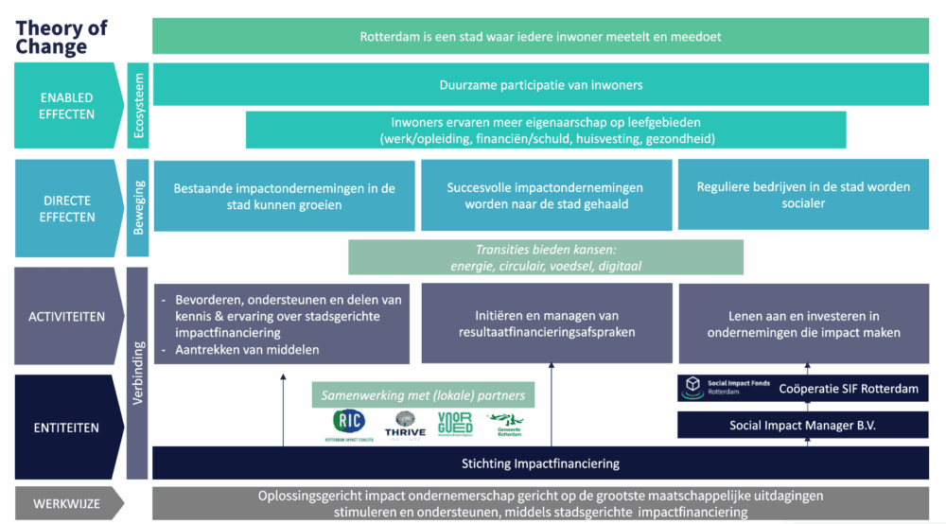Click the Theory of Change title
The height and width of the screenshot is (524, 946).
point(61,37)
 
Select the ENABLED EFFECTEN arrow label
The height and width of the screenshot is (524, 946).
point(67,105)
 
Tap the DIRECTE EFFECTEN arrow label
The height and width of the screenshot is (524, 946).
point(67,208)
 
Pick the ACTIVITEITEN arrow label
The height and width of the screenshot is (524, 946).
point(67,316)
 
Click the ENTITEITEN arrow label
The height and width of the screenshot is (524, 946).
point(67,428)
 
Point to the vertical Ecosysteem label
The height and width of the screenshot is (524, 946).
point(138,105)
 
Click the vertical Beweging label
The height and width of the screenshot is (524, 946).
point(138,208)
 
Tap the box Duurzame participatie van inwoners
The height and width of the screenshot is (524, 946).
point(540,85)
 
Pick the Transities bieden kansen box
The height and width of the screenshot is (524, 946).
point(546,257)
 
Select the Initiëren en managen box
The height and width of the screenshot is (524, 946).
point(546,323)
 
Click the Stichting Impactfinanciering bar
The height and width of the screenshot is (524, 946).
point(540,463)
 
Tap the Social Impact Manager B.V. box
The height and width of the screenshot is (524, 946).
point(803,426)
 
